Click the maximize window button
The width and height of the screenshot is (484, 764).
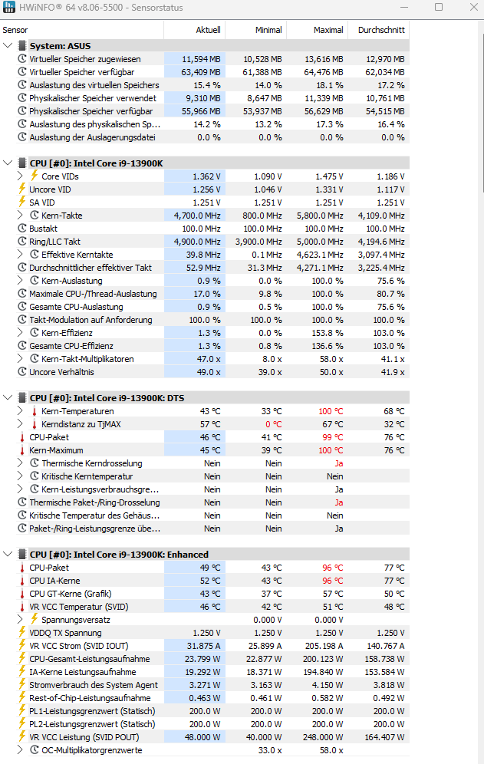pyautogui.click(x=438, y=8)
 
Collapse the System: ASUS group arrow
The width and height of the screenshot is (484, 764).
pyautogui.click(x=8, y=46)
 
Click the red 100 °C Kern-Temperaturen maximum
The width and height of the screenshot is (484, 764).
pyautogui.click(x=331, y=411)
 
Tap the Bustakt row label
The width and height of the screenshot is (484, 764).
pyautogui.click(x=44, y=229)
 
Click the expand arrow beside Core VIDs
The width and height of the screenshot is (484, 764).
pyautogui.click(x=21, y=176)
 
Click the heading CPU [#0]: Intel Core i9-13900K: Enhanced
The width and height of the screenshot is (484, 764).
pyautogui.click(x=119, y=555)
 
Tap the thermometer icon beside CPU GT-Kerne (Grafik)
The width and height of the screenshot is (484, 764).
pyautogui.click(x=21, y=594)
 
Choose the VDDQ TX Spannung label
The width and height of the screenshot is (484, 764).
pyautogui.click(x=65, y=633)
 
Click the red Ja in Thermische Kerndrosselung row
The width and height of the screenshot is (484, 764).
pyautogui.click(x=338, y=463)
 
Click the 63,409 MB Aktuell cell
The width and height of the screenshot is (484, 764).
pyautogui.click(x=201, y=72)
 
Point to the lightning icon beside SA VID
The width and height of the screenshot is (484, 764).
pyautogui.click(x=21, y=203)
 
